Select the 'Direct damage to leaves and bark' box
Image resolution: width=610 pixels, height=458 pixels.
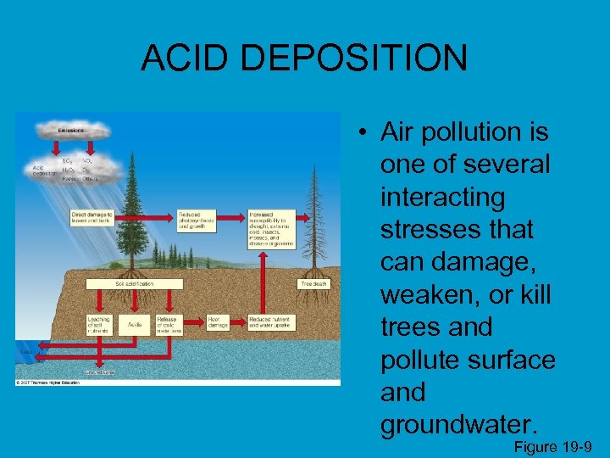pos(91,218)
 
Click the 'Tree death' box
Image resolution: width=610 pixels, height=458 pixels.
pos(313,283)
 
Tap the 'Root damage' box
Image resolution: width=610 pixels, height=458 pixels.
pos(218,322)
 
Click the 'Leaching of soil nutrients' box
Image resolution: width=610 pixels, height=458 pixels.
pos(99,324)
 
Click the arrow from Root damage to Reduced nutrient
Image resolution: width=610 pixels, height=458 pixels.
pos(239,322)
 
